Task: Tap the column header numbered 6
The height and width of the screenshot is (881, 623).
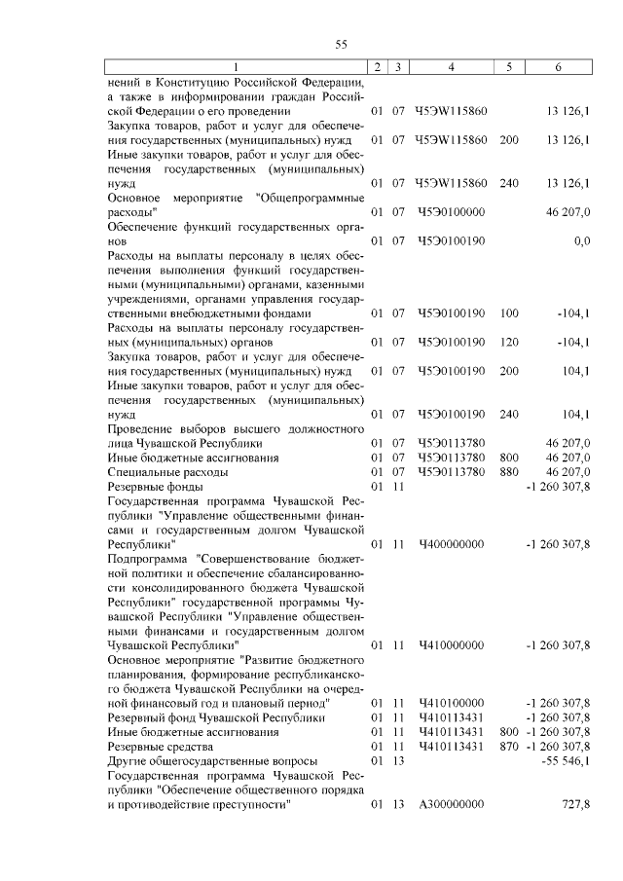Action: pos(557,66)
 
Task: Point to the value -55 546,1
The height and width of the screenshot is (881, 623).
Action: pos(565,760)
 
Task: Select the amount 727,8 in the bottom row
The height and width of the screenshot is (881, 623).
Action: pos(574,805)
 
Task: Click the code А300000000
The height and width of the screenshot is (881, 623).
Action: pos(451,805)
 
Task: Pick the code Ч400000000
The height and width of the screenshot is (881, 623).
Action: pos(451,543)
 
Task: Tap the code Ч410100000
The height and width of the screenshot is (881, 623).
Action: pos(451,702)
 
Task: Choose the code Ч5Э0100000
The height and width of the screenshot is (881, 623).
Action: pos(451,210)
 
